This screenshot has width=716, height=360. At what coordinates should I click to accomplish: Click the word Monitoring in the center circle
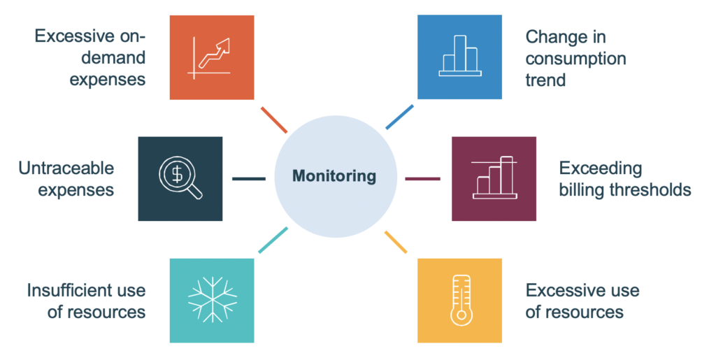(334, 176)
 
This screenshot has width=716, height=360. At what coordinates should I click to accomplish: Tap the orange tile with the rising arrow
(212, 57)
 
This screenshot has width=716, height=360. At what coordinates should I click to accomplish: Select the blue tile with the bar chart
(459, 57)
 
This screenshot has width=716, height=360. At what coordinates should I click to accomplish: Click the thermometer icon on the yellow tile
(459, 300)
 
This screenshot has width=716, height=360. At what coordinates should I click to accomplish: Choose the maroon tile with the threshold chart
(494, 179)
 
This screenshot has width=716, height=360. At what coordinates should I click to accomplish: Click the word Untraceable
(66, 168)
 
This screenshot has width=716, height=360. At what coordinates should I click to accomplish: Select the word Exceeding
(600, 168)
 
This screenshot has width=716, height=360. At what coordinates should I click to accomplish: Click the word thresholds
(650, 190)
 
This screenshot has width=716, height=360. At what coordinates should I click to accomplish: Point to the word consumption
(575, 58)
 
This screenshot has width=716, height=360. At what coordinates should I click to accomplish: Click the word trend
(545, 80)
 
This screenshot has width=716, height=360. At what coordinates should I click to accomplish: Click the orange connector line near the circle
(273, 120)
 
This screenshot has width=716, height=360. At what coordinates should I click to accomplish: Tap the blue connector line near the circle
(399, 117)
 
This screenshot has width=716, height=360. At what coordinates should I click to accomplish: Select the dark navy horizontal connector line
(249, 179)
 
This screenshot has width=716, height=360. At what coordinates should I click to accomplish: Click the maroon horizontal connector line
(422, 179)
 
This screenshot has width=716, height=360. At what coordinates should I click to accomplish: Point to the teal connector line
(273, 240)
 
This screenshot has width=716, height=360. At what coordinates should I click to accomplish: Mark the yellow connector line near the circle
(396, 240)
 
